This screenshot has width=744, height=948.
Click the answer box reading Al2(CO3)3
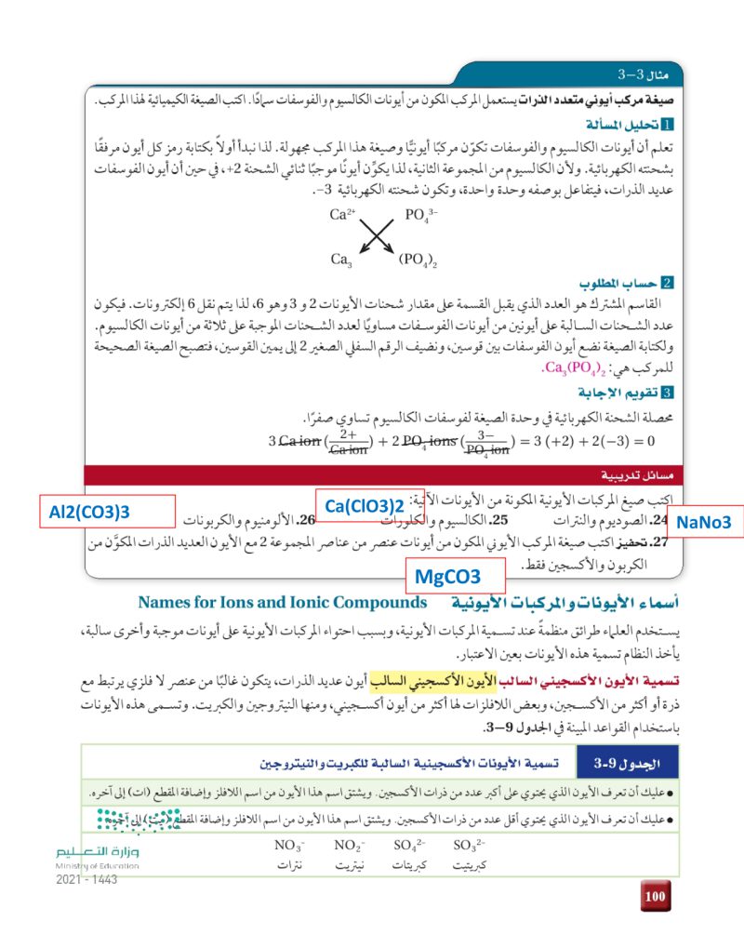(88, 512)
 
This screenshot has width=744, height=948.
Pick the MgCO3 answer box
(455, 576)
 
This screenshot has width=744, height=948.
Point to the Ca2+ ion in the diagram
(343, 215)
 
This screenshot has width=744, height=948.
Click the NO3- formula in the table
(290, 846)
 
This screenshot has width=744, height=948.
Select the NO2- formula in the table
(348, 846)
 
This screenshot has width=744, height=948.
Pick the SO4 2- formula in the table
(409, 846)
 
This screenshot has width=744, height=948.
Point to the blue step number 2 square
(669, 284)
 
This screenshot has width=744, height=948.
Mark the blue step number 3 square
(669, 394)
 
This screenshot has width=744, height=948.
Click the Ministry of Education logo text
(97, 858)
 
